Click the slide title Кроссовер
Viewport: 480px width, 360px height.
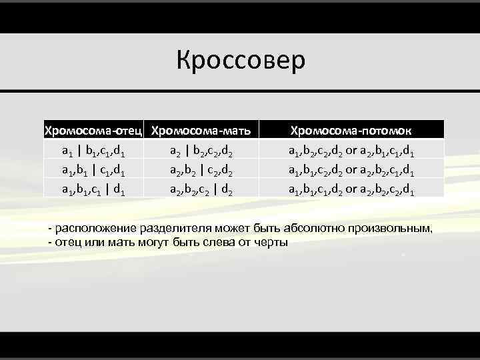click(241, 60)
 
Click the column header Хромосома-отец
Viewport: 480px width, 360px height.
click(94, 129)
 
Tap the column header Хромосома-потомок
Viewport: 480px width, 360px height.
click(352, 129)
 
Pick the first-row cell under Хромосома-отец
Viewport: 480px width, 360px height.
click(95, 150)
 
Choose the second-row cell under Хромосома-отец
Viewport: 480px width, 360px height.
click(95, 170)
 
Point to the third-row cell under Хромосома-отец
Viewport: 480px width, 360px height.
click(95, 189)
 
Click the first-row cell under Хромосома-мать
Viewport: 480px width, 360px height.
click(201, 150)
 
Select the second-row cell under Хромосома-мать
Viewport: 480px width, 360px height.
click(201, 170)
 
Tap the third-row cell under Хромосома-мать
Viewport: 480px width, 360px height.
click(201, 189)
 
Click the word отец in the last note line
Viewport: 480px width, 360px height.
click(66, 241)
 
